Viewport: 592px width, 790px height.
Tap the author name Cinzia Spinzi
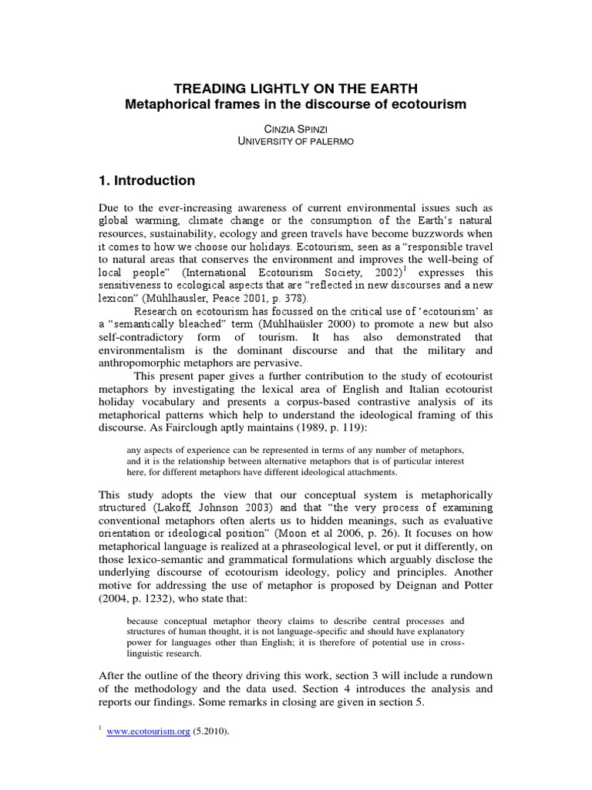(x=296, y=129)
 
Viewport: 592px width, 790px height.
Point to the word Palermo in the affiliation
(x=330, y=142)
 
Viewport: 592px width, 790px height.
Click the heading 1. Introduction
(x=146, y=181)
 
